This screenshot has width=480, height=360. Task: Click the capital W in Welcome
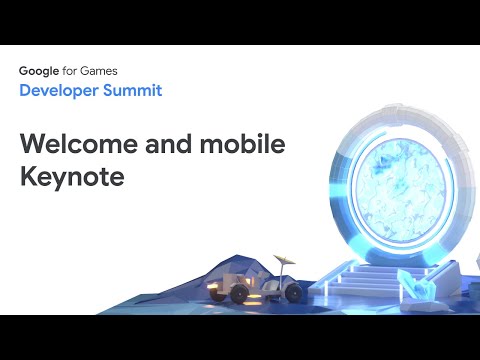click(x=32, y=143)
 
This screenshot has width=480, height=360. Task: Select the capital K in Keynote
click(x=27, y=179)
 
